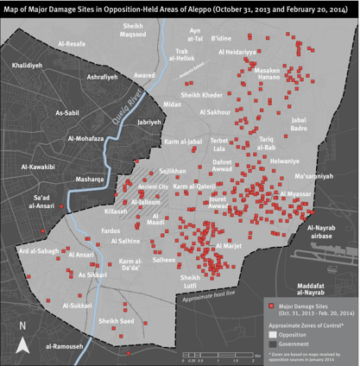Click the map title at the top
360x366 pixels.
click(180, 9)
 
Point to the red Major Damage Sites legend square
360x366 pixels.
click(269, 306)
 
